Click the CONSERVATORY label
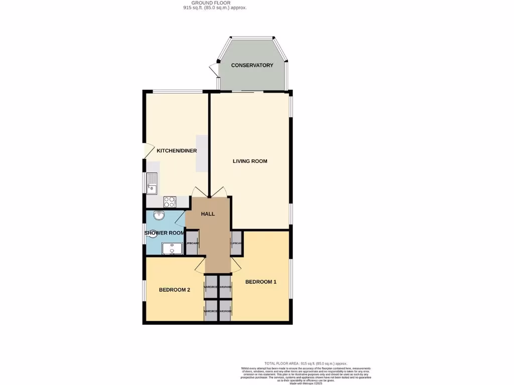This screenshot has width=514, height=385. [252, 65]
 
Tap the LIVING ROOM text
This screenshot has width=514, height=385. [250, 161]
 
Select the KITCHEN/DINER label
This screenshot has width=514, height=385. [177, 151]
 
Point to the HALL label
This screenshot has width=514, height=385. [208, 214]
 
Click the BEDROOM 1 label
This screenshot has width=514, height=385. [261, 282]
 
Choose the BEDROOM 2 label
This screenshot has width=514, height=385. [174, 290]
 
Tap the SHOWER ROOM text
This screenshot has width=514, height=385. [165, 233]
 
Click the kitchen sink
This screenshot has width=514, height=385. [152, 183]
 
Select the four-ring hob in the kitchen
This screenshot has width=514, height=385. [170, 202]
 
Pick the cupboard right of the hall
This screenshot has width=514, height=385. [236, 243]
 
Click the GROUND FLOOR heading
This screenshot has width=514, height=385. [214, 3]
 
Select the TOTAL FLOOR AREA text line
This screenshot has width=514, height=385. [306, 363]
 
